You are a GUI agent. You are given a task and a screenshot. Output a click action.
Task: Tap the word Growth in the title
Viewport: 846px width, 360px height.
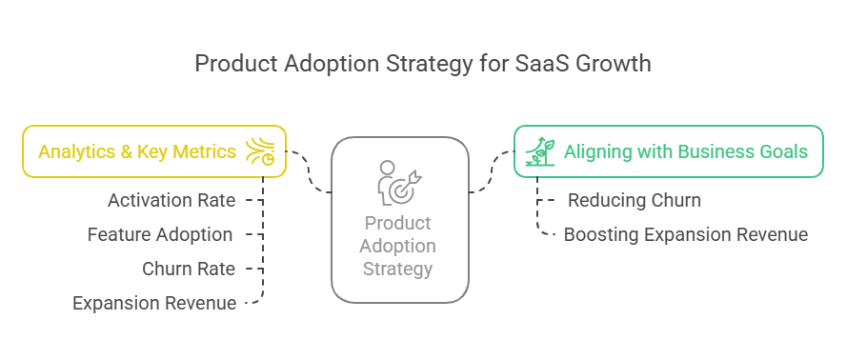[612, 64]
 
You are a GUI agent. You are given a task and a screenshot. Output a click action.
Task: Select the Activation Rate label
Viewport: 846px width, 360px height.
[171, 200]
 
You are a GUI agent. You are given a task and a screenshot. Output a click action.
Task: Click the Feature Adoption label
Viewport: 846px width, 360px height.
[160, 234]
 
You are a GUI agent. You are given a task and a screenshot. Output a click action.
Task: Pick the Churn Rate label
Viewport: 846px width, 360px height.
[189, 269]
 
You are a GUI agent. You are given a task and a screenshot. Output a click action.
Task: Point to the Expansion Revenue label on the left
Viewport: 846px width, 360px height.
[154, 303]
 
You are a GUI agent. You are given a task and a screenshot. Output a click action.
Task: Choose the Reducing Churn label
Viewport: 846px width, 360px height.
[634, 200]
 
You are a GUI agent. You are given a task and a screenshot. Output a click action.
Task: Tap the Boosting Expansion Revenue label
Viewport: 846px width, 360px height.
[686, 234]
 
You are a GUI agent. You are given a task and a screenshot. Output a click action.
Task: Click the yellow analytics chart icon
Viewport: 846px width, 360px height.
[260, 151]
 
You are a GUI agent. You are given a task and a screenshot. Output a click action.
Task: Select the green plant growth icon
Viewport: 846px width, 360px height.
[540, 151]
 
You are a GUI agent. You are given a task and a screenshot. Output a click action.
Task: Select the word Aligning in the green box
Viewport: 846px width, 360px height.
[598, 151]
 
